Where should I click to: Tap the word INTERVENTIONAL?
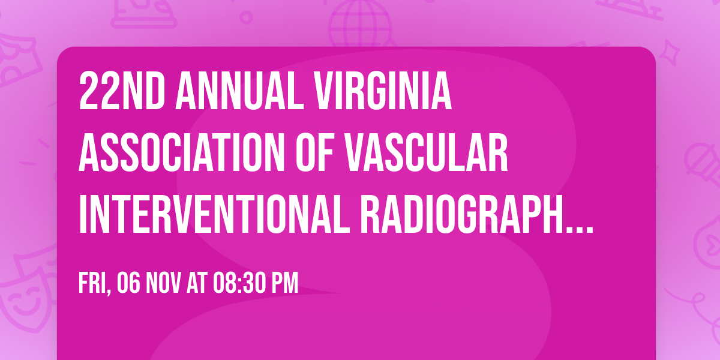coord(214,214)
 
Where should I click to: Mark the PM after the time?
coord(285,284)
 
